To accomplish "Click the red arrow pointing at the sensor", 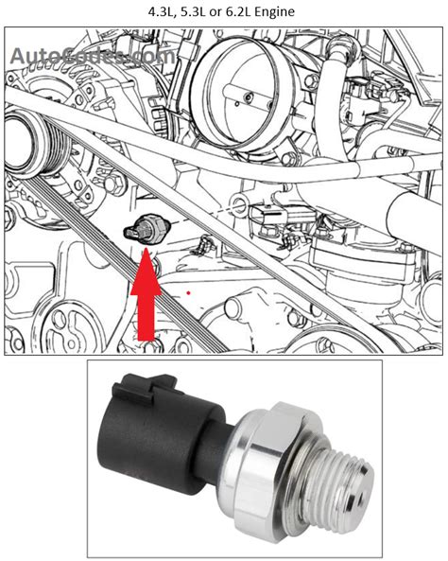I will click(145, 298).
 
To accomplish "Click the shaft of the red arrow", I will click(145, 317).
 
